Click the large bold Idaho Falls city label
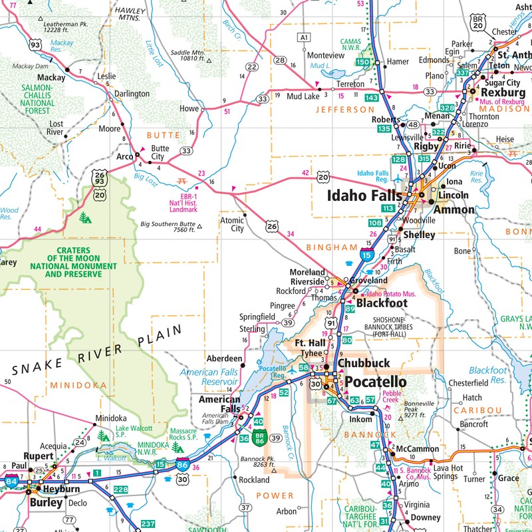click(365, 196)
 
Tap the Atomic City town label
click(232, 224)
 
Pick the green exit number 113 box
click(389, 207)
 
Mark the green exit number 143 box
click(372, 98)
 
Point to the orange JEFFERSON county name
click(345, 109)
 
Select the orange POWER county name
click(275, 495)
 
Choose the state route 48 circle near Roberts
click(413, 124)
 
